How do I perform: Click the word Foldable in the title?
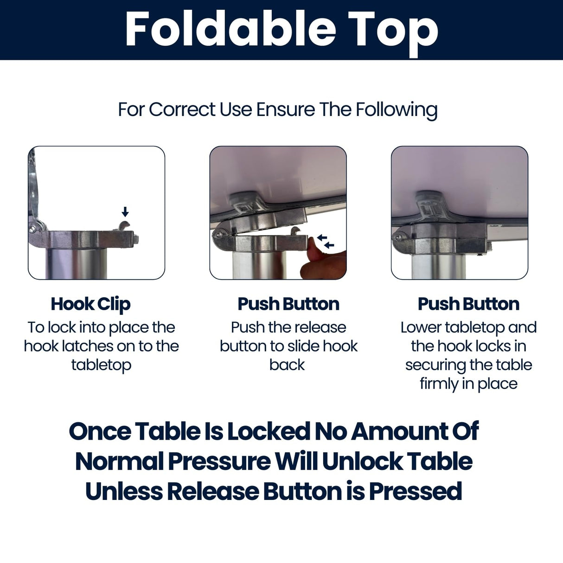(231, 29)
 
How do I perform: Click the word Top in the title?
(393, 32)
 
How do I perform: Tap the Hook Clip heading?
(90, 305)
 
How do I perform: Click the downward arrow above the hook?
(125, 211)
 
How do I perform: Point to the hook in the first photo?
(124, 226)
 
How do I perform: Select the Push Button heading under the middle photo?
(288, 304)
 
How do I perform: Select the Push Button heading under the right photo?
(469, 304)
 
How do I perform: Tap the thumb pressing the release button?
(314, 250)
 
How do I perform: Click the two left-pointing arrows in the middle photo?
(326, 241)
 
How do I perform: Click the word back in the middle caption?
(287, 365)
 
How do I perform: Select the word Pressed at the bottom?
(416, 492)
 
